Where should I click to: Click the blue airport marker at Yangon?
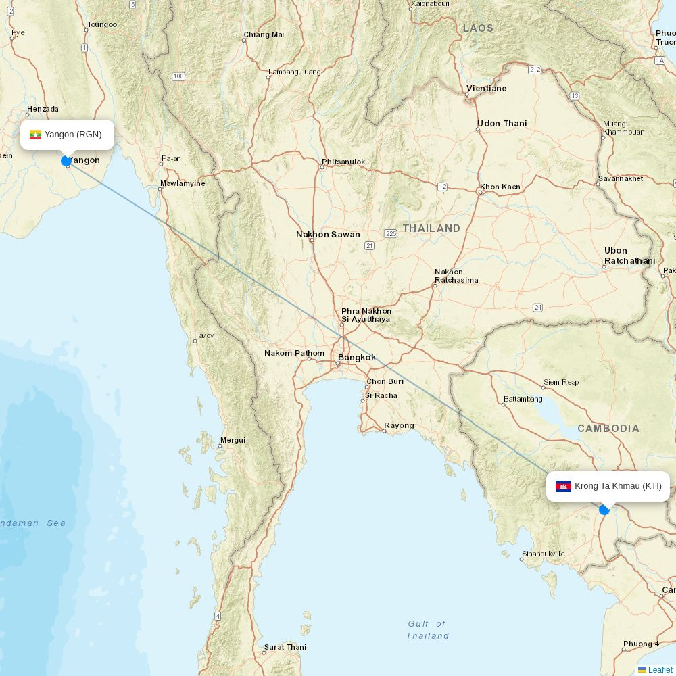(x=66, y=161)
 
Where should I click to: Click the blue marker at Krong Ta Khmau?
(x=604, y=510)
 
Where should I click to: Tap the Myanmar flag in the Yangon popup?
(x=36, y=135)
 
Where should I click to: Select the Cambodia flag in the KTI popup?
(x=563, y=486)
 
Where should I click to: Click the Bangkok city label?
(x=357, y=358)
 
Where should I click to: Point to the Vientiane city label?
(x=486, y=89)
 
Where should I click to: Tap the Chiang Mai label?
(x=264, y=34)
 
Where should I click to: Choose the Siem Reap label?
(x=561, y=382)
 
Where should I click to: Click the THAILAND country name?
(x=431, y=228)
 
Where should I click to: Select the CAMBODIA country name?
(x=608, y=429)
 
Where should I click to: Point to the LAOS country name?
(x=478, y=28)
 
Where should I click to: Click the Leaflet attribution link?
(x=660, y=670)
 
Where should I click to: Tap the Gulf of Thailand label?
(x=427, y=629)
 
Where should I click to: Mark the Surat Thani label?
(x=285, y=647)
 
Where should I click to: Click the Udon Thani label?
(x=502, y=124)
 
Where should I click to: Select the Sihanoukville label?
(x=543, y=554)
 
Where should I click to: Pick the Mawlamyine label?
(x=183, y=183)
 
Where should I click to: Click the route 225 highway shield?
(x=391, y=233)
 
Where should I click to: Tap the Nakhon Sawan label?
(x=328, y=235)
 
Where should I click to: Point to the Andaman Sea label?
(x=33, y=523)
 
